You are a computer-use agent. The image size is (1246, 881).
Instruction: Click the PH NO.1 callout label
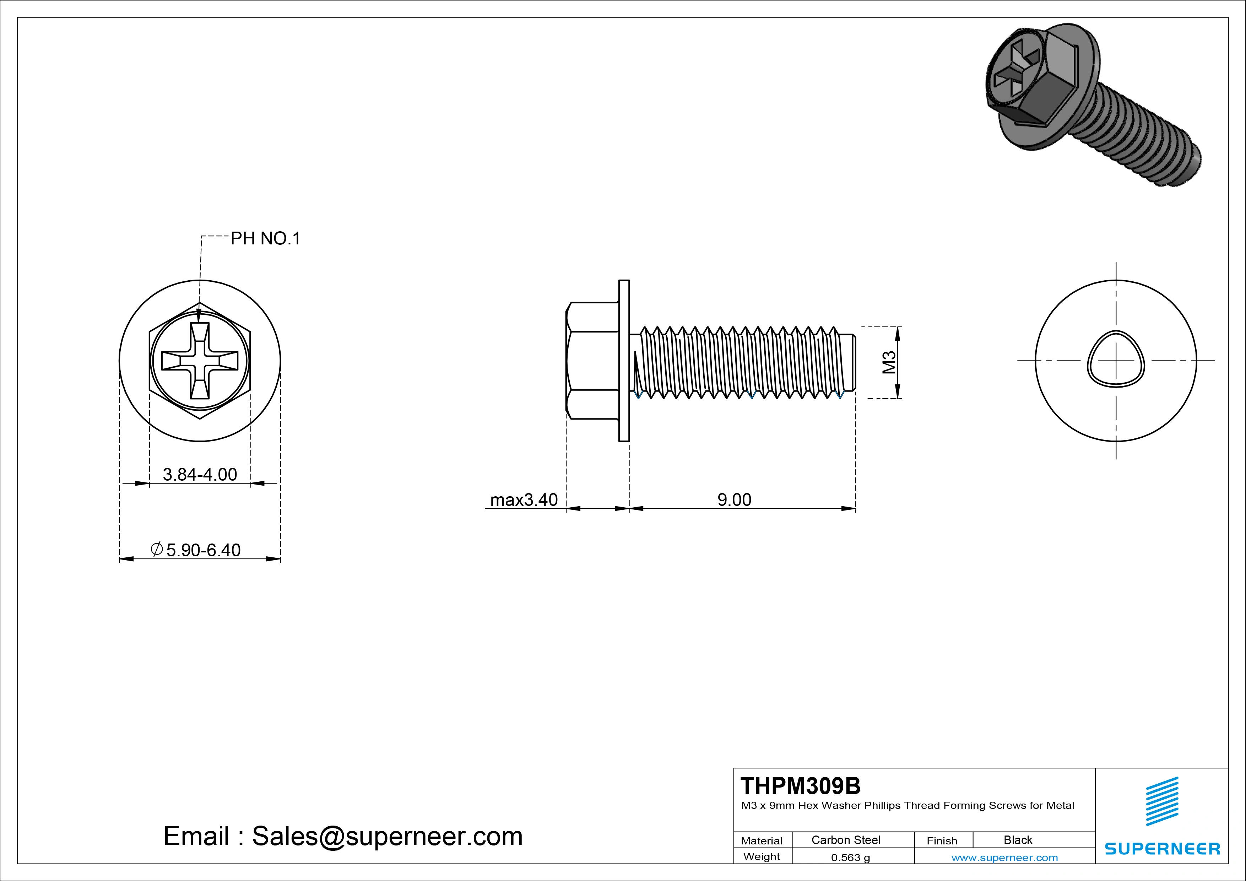(x=265, y=238)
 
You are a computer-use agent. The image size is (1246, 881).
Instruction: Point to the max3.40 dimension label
(x=524, y=499)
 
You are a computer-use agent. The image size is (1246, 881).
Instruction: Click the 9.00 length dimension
(x=734, y=499)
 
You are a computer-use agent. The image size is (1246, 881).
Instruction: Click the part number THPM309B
(x=801, y=785)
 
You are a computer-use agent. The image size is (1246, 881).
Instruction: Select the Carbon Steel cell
(x=845, y=840)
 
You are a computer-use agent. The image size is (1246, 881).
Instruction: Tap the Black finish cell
(x=1018, y=840)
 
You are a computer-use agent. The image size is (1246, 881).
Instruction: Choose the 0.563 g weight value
(x=850, y=858)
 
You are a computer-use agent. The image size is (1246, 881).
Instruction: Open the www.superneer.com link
(x=1004, y=858)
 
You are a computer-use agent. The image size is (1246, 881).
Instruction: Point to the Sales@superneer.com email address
(x=387, y=836)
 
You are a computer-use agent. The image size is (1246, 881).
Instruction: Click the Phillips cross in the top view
(x=200, y=361)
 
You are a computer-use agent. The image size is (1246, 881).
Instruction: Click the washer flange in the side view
(x=624, y=361)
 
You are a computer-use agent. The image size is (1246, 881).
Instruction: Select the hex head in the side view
(x=592, y=361)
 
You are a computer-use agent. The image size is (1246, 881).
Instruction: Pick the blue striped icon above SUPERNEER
(x=1162, y=801)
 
